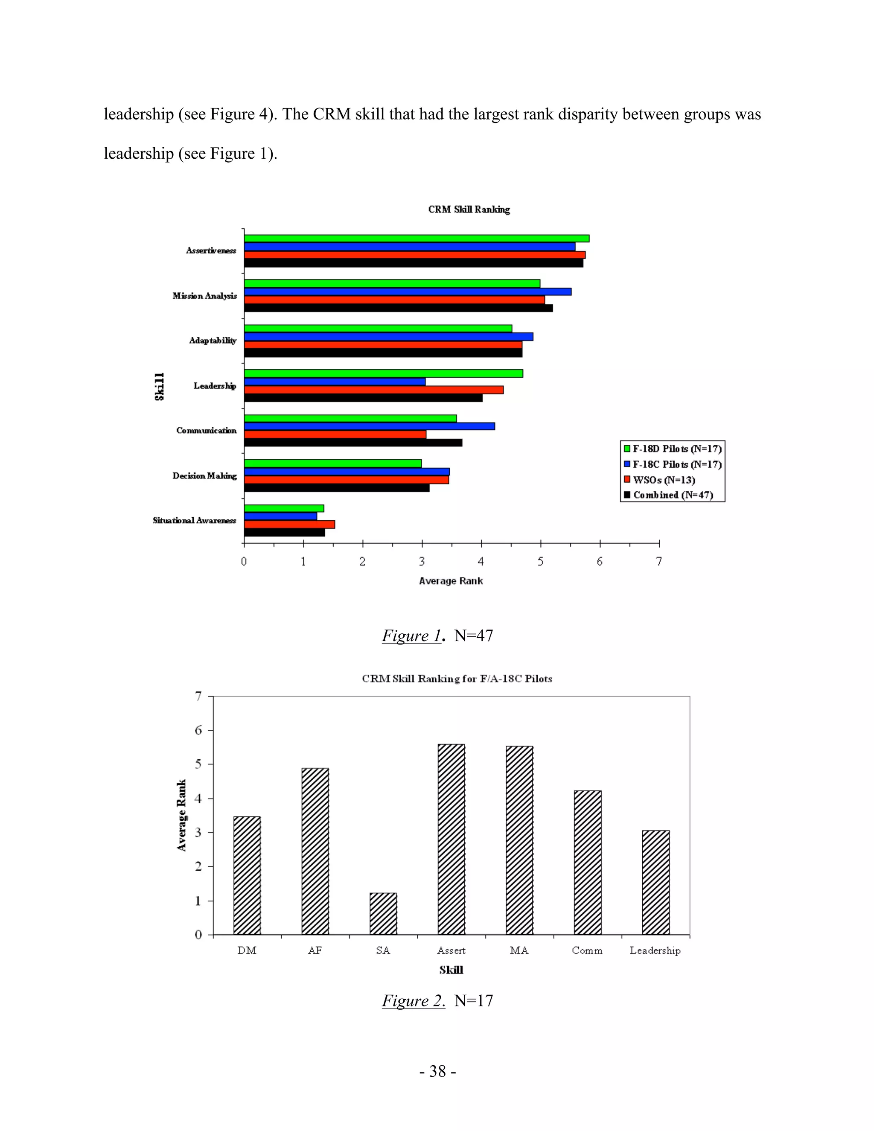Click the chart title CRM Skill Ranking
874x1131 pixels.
(x=469, y=209)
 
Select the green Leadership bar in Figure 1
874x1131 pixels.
(x=383, y=373)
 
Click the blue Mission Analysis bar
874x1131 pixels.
(x=408, y=291)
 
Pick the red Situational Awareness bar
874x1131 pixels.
(x=289, y=524)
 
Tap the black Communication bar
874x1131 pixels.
(x=353, y=443)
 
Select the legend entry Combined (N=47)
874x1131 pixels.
(x=673, y=495)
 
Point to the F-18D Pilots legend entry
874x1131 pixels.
(x=676, y=449)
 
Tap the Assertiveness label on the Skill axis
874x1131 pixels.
(x=211, y=251)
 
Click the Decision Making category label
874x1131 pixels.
(x=204, y=475)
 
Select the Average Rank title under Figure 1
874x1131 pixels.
(x=451, y=581)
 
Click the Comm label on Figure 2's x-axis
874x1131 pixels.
(x=587, y=950)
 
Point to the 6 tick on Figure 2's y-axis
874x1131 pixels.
(x=198, y=730)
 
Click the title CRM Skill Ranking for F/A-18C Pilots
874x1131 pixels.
(x=457, y=679)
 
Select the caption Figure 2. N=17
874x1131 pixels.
(x=437, y=1000)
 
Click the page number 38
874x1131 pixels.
(x=437, y=1071)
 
